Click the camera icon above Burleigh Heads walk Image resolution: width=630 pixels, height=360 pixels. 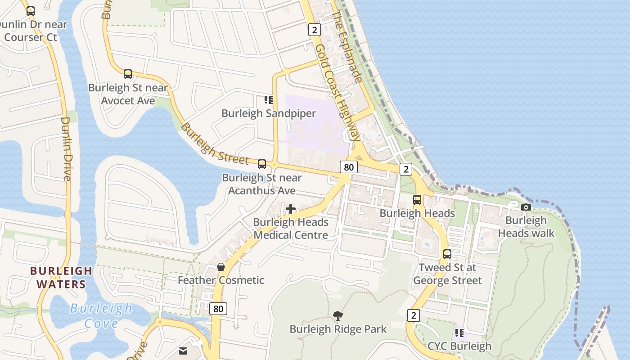[526, 207]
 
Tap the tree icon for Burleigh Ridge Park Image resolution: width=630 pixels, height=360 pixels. [337, 316]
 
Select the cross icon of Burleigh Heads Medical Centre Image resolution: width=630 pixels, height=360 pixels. [291, 209]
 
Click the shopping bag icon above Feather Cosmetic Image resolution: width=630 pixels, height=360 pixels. [221, 267]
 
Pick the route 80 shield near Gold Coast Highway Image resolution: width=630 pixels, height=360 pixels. [348, 167]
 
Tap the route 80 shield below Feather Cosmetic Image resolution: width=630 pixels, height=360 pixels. [218, 309]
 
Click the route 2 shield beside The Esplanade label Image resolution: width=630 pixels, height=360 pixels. [314, 30]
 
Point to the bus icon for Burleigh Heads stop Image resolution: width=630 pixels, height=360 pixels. [417, 199]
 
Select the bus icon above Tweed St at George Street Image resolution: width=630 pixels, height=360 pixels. [447, 254]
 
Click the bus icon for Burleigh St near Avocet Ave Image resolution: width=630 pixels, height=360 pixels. [128, 74]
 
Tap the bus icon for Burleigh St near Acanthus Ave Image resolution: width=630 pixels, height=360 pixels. [262, 164]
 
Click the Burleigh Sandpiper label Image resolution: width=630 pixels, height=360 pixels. [269, 113]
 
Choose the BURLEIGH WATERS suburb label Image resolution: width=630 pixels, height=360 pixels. [61, 278]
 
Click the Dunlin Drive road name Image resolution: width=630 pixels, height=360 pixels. [67, 148]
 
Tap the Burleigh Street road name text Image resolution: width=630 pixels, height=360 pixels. [214, 144]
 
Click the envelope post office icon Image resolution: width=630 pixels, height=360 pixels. [183, 351]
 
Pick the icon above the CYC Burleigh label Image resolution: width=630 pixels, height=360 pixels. [459, 333]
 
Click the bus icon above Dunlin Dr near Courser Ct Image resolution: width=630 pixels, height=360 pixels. [31, 11]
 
